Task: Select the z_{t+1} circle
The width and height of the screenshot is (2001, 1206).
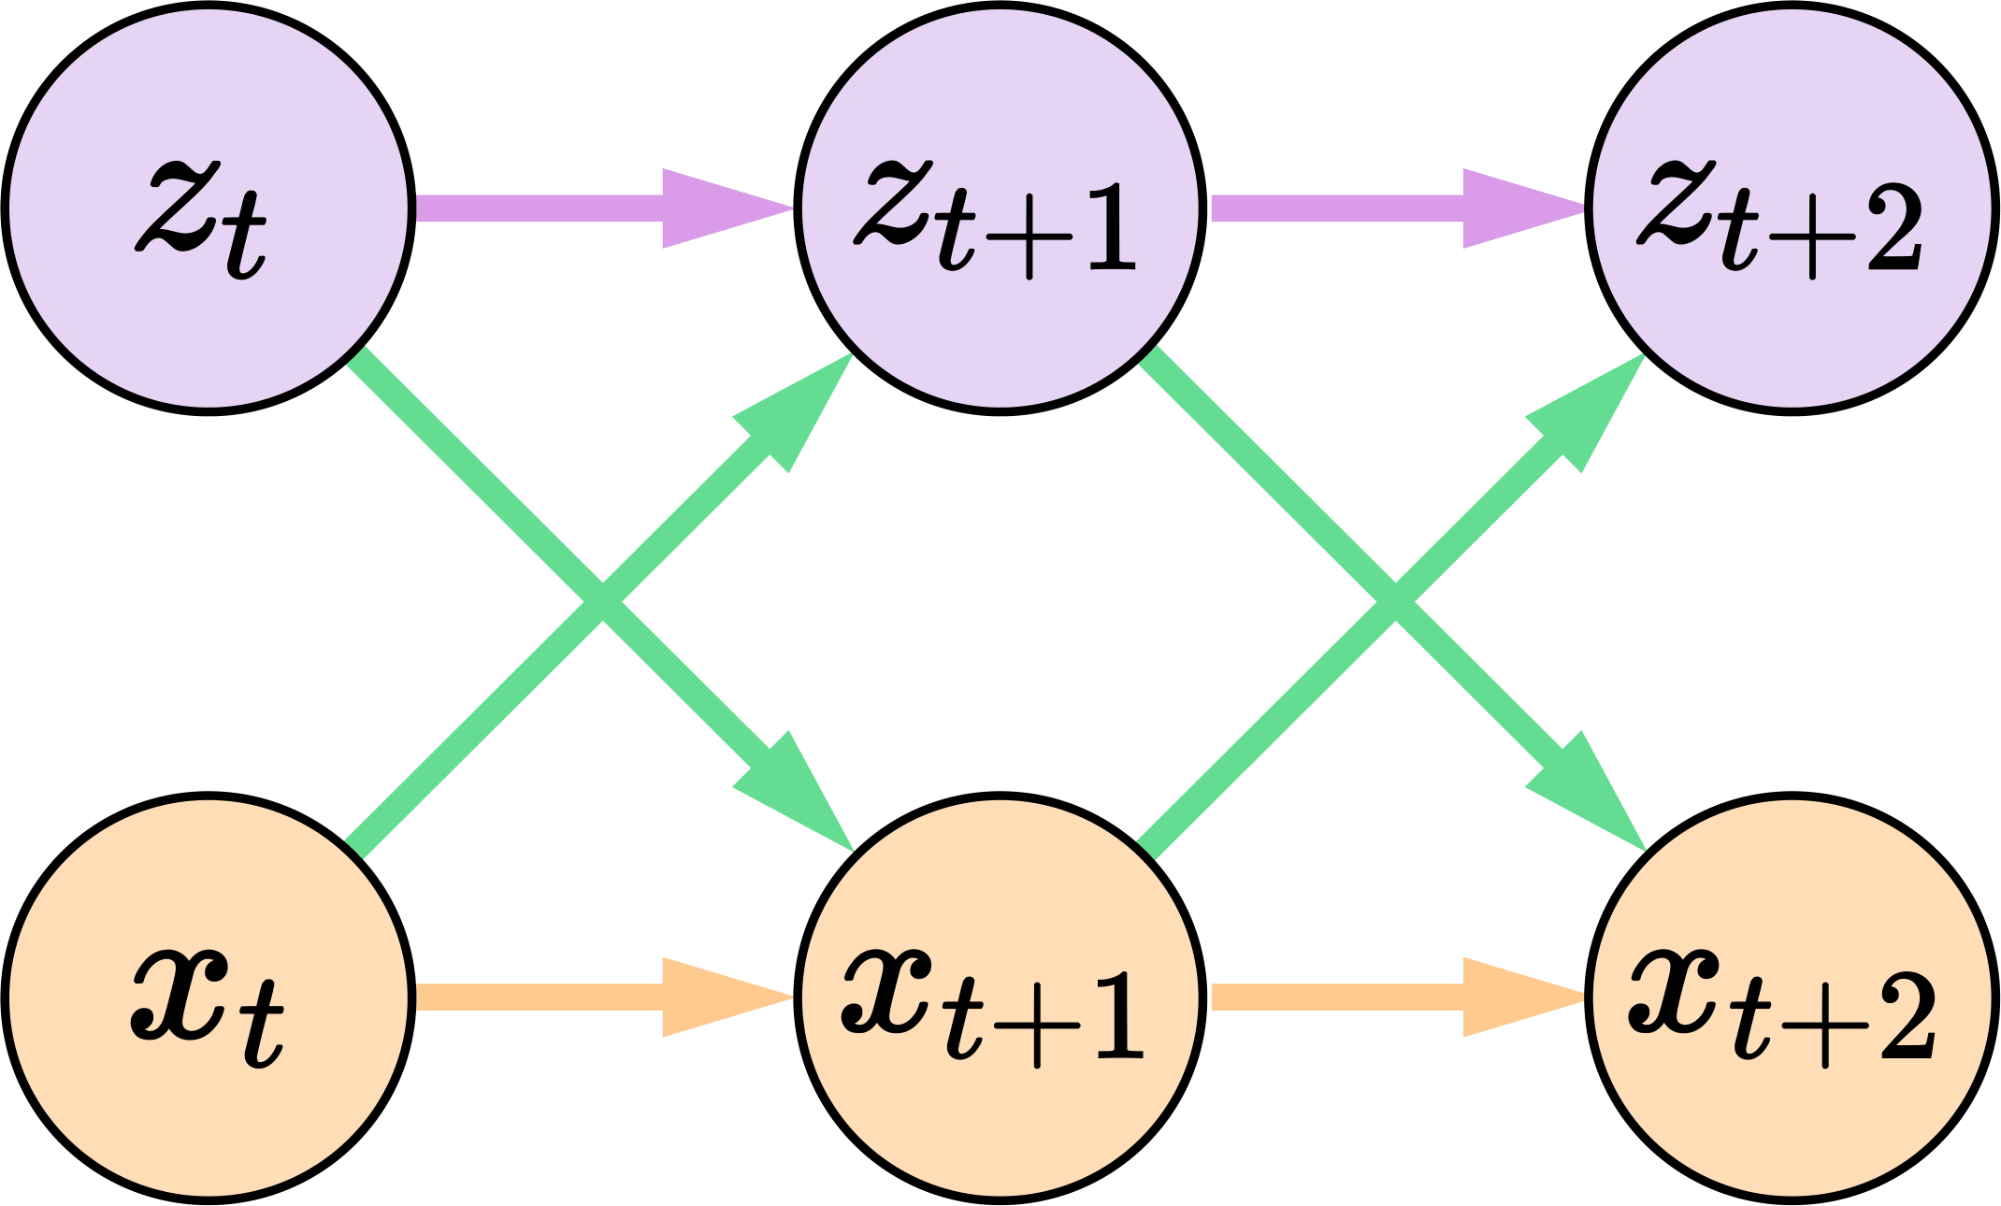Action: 999,208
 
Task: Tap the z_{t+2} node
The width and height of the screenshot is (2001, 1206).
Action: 1792,208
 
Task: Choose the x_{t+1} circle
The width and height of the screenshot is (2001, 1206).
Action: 999,997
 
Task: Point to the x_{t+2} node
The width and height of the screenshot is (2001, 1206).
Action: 1792,997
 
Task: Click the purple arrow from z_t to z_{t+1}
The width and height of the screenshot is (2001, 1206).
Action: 561,208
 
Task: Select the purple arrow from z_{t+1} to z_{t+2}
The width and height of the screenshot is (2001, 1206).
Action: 1356,208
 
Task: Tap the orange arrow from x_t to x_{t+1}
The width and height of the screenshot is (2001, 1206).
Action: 561,997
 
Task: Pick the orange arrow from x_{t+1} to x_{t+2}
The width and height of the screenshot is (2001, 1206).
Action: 1356,997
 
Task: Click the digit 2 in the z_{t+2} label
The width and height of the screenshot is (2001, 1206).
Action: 1894,230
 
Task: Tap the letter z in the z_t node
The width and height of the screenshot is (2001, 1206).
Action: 178,206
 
